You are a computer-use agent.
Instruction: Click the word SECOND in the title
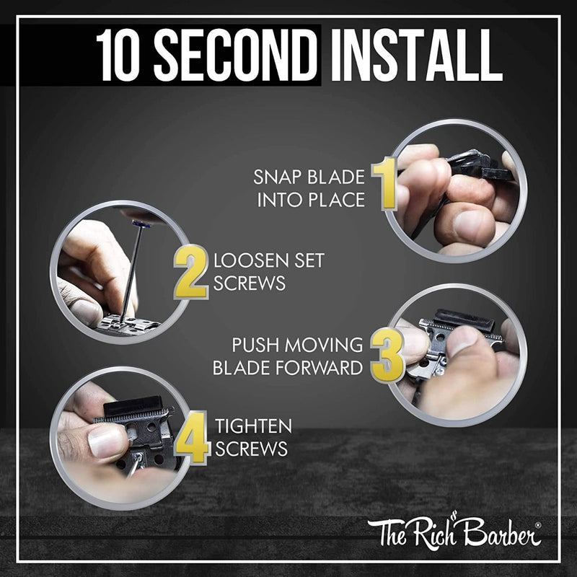[235, 55]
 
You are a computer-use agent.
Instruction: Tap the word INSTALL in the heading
[416, 55]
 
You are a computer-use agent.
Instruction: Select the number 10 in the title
[119, 55]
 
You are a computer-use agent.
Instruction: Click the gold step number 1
[384, 183]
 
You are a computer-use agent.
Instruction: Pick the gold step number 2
[191, 272]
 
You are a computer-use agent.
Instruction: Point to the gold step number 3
[387, 356]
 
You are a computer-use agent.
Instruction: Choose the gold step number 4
[193, 439]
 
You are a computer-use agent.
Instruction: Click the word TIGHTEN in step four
[254, 426]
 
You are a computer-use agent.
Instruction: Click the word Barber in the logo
[501, 532]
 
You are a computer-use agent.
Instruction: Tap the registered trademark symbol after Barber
[537, 526]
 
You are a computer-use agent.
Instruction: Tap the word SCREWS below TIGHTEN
[251, 449]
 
